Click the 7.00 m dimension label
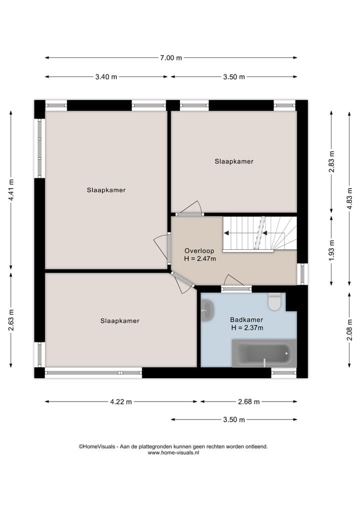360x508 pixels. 170,58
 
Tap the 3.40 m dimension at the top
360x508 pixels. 106,77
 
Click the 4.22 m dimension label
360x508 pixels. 121,402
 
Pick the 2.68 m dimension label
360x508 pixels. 248,402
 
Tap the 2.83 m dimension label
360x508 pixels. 331,161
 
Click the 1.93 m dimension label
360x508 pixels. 331,250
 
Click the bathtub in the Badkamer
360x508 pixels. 263,353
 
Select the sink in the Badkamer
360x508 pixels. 207,311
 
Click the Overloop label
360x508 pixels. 199,251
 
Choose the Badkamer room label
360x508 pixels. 246,320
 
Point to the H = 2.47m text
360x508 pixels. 200,259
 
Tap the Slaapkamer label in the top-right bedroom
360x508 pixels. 234,161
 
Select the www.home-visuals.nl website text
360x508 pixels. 173,453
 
